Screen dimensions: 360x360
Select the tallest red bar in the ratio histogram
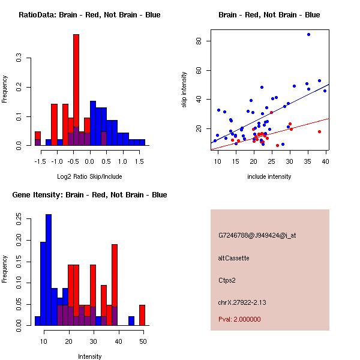click(76, 90)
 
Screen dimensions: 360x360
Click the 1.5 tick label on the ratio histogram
click(139, 161)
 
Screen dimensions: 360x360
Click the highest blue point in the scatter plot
click(308, 35)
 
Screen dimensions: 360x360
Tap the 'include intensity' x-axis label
click(270, 176)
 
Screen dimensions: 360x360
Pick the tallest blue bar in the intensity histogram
click(49, 270)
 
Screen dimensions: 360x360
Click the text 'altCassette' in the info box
click(233, 258)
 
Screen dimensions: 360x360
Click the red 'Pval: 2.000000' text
click(239, 319)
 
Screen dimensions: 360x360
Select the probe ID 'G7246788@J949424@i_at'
click(257, 235)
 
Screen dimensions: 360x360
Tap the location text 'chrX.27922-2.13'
click(242, 302)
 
